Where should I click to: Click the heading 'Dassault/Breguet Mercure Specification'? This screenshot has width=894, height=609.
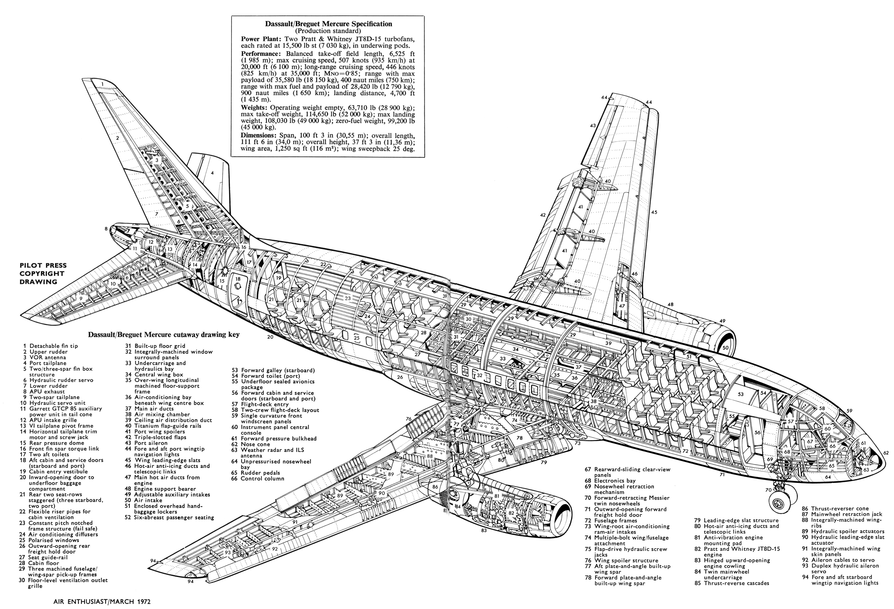(x=329, y=24)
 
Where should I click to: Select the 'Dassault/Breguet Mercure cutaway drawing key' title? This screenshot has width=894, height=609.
(x=164, y=335)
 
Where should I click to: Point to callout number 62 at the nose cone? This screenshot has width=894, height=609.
(x=886, y=453)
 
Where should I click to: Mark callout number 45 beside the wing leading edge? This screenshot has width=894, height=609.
(x=654, y=212)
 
